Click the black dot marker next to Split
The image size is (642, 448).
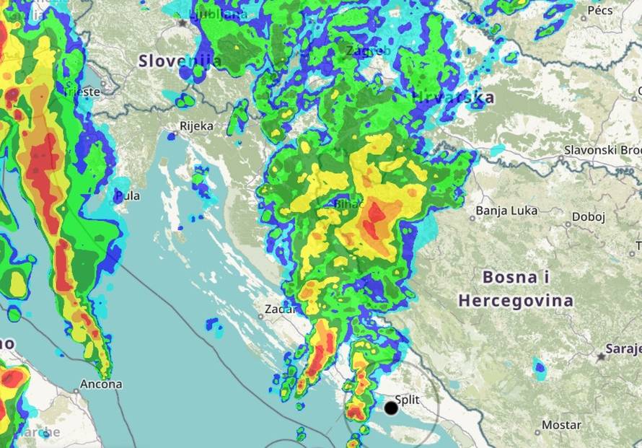pos(391,408)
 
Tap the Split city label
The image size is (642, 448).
pos(408,399)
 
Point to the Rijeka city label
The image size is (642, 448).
pos(196,126)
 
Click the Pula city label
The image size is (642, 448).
pos(128,196)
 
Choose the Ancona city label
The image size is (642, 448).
pos(102,385)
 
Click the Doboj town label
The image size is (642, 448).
pos(589,216)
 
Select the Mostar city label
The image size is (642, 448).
pos(561,425)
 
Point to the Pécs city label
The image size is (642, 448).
pos(600,10)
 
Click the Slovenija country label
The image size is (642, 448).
pos(180,61)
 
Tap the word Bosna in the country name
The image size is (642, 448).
pos(509,276)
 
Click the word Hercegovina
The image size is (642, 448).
pos(516,299)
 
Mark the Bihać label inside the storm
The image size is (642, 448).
pos(349,205)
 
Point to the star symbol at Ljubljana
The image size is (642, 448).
pos(182,23)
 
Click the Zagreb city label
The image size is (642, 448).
pos(368,51)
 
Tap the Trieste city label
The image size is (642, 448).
pos(81,92)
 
